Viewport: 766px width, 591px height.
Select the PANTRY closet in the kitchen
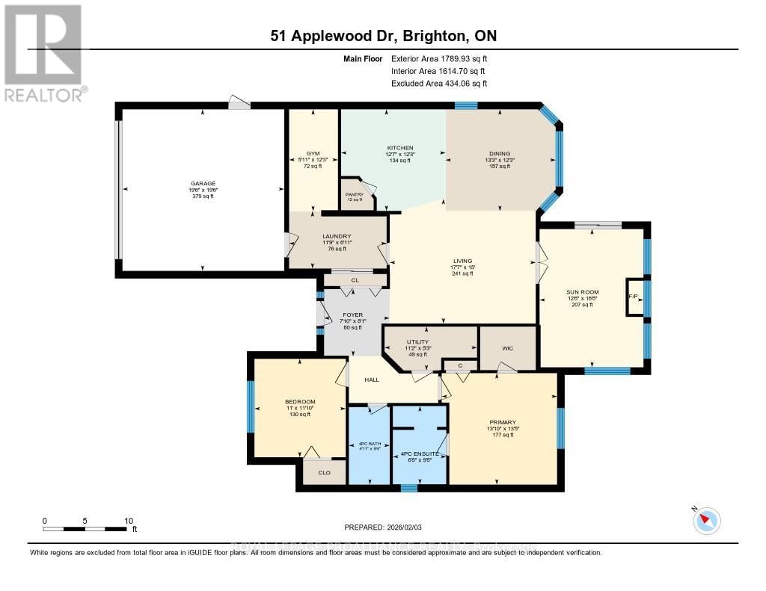click(x=354, y=194)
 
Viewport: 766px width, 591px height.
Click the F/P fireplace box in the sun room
click(x=633, y=297)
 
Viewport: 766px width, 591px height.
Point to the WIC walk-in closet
click(x=508, y=347)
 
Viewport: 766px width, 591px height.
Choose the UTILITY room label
click(x=417, y=341)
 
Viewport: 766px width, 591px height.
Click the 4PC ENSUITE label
click(x=419, y=454)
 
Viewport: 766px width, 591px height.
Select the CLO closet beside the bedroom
click(x=324, y=472)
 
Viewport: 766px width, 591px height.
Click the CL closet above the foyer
click(x=355, y=280)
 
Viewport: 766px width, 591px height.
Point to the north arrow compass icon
click(x=706, y=521)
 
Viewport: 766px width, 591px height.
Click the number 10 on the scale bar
click(x=128, y=521)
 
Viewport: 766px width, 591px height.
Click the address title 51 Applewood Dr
click(x=383, y=36)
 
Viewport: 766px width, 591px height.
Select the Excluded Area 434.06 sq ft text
click(x=439, y=84)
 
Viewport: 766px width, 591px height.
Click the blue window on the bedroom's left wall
click(x=251, y=406)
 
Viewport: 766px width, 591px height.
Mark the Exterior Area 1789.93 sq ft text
click(x=439, y=58)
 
